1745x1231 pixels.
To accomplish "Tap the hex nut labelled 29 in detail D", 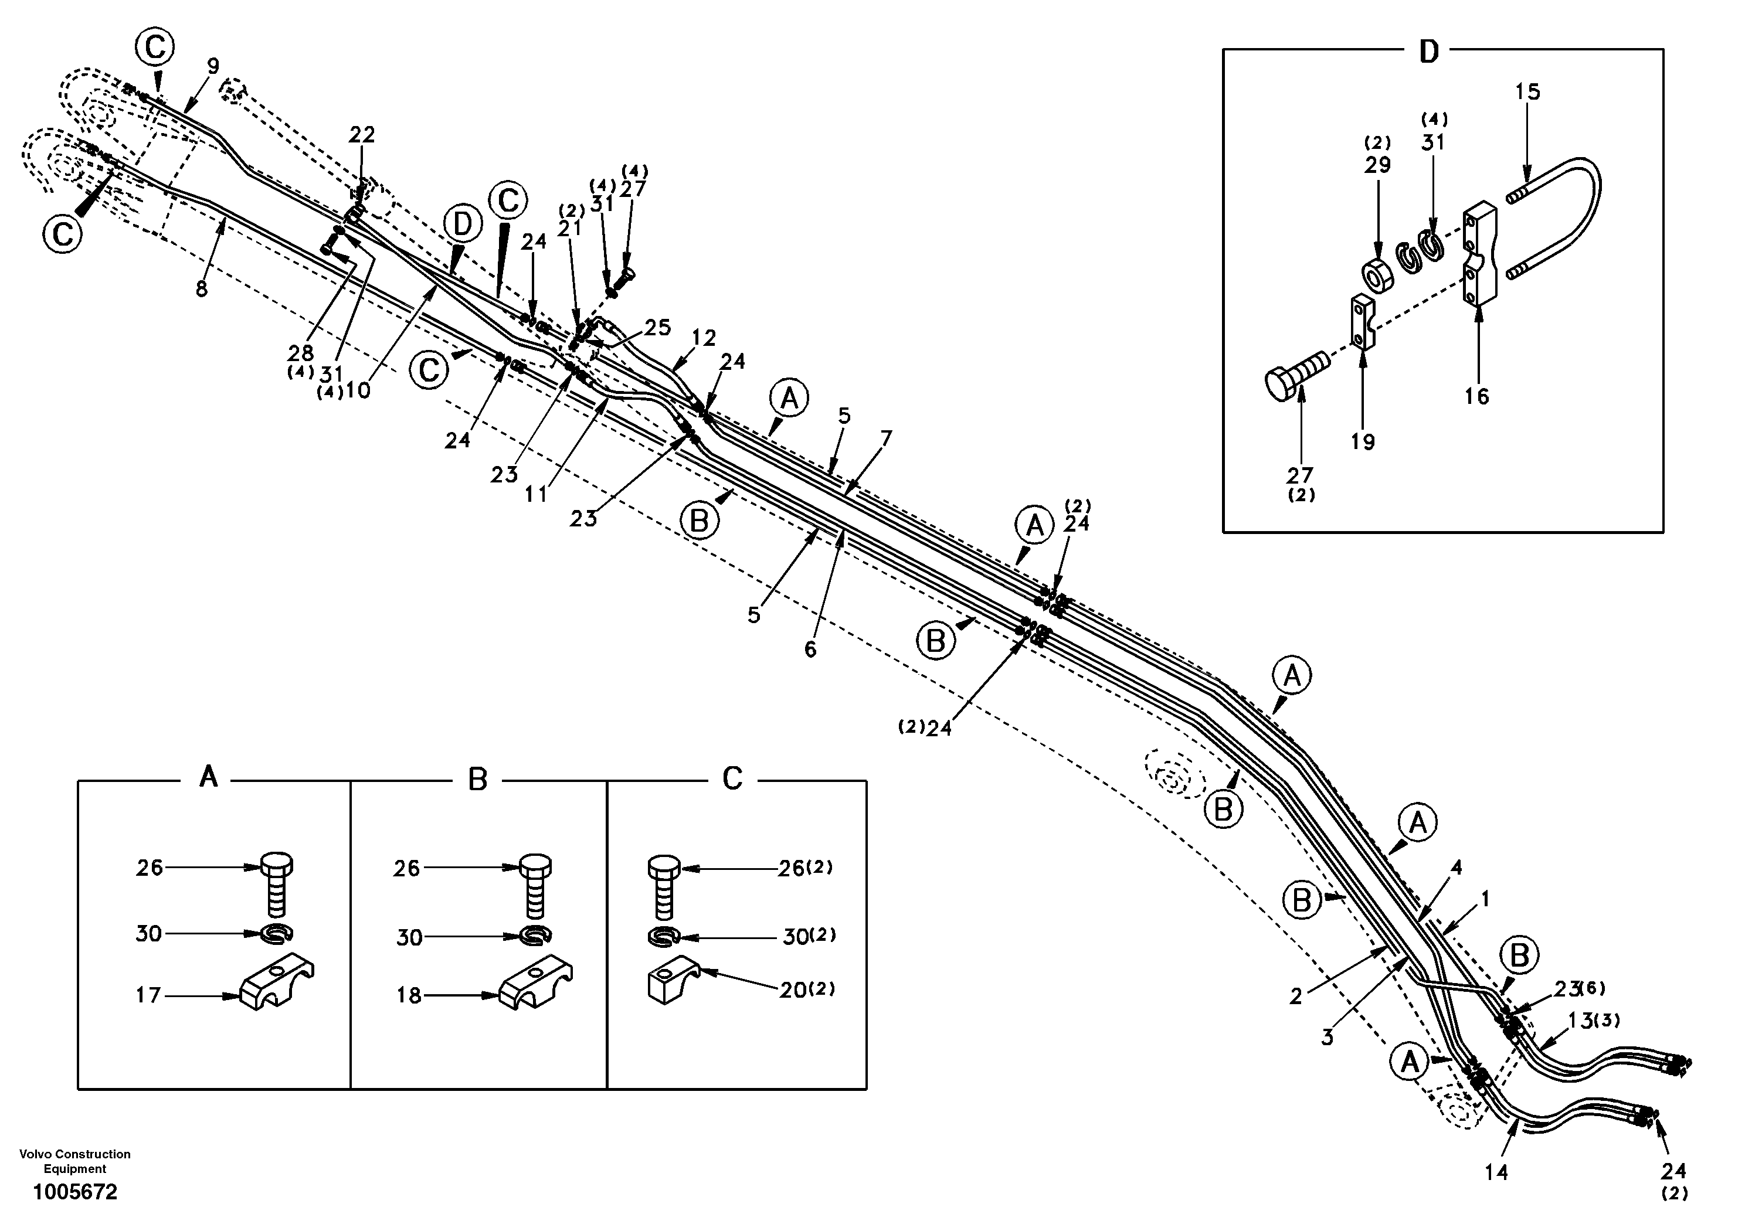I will point(1378,277).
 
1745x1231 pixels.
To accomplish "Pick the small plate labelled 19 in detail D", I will point(1363,322).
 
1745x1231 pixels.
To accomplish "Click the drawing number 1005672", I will point(75,1192).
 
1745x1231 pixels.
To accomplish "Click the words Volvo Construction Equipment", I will point(75,1161).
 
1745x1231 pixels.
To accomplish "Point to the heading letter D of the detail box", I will point(1429,52).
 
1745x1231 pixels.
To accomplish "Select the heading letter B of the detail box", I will point(477,780).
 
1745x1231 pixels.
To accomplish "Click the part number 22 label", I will point(362,134).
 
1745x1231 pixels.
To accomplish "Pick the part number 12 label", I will point(704,338).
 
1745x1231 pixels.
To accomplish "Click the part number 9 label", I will point(213,66).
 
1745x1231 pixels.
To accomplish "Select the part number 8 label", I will point(201,289).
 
